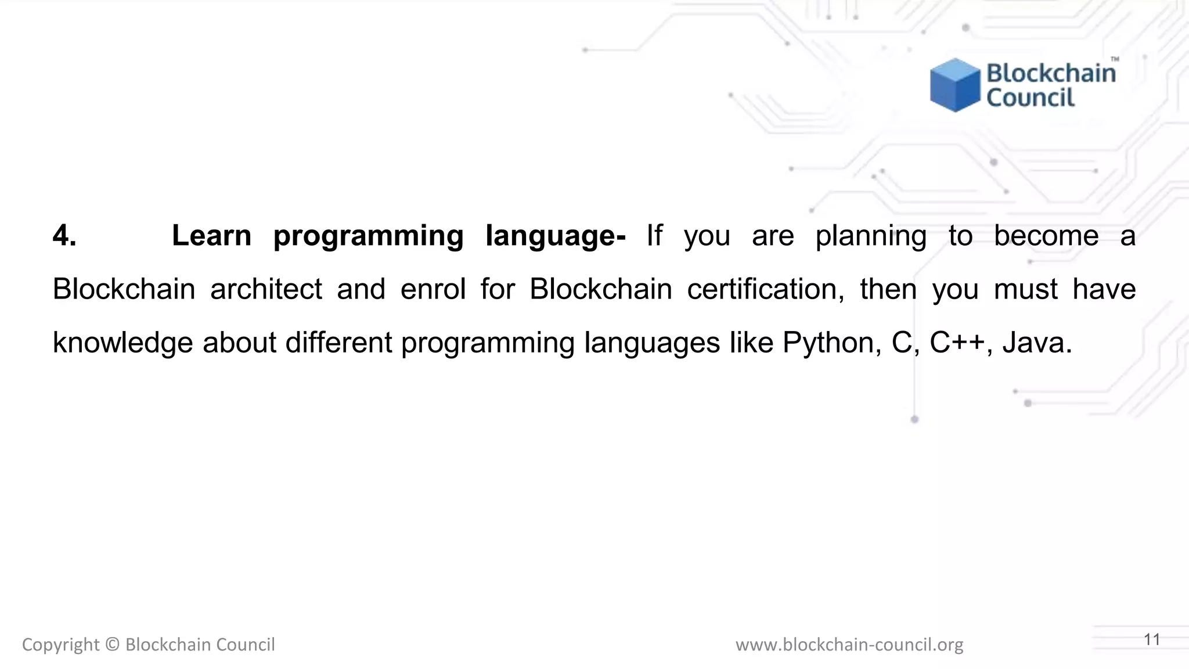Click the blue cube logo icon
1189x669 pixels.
954,85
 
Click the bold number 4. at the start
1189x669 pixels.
64,236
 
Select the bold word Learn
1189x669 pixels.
211,236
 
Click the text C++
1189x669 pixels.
957,342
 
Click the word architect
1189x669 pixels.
266,289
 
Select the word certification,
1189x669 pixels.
766,289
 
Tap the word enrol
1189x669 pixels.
433,289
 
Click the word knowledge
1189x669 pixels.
122,343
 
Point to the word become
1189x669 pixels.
1046,236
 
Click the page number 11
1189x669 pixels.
1152,639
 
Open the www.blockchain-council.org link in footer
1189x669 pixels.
849,645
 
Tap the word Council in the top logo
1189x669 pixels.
1031,98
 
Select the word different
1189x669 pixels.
338,343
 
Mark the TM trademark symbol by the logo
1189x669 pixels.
1115,59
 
